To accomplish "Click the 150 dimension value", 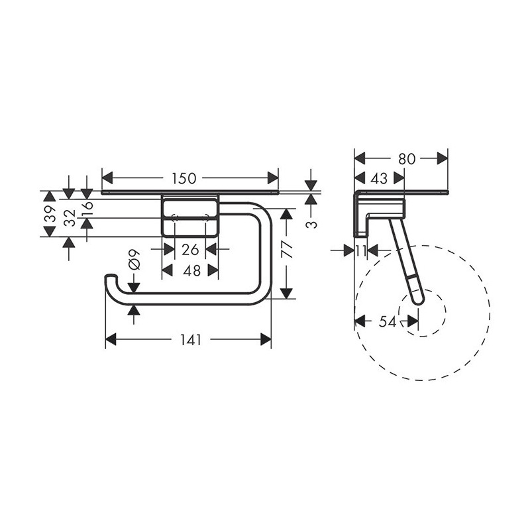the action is pyautogui.click(x=184, y=178).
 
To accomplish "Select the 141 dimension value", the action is pyautogui.click(x=190, y=340).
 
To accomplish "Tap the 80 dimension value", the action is pyautogui.click(x=407, y=158).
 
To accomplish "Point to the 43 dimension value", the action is pyautogui.click(x=379, y=178).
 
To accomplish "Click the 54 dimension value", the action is pyautogui.click(x=388, y=321).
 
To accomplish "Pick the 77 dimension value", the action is pyautogui.click(x=287, y=250).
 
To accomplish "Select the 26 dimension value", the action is pyautogui.click(x=190, y=250).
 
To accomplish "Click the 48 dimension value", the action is pyautogui.click(x=191, y=270).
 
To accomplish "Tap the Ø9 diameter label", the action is pyautogui.click(x=134, y=260).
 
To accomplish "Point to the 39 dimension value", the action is pyautogui.click(x=50, y=213).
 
